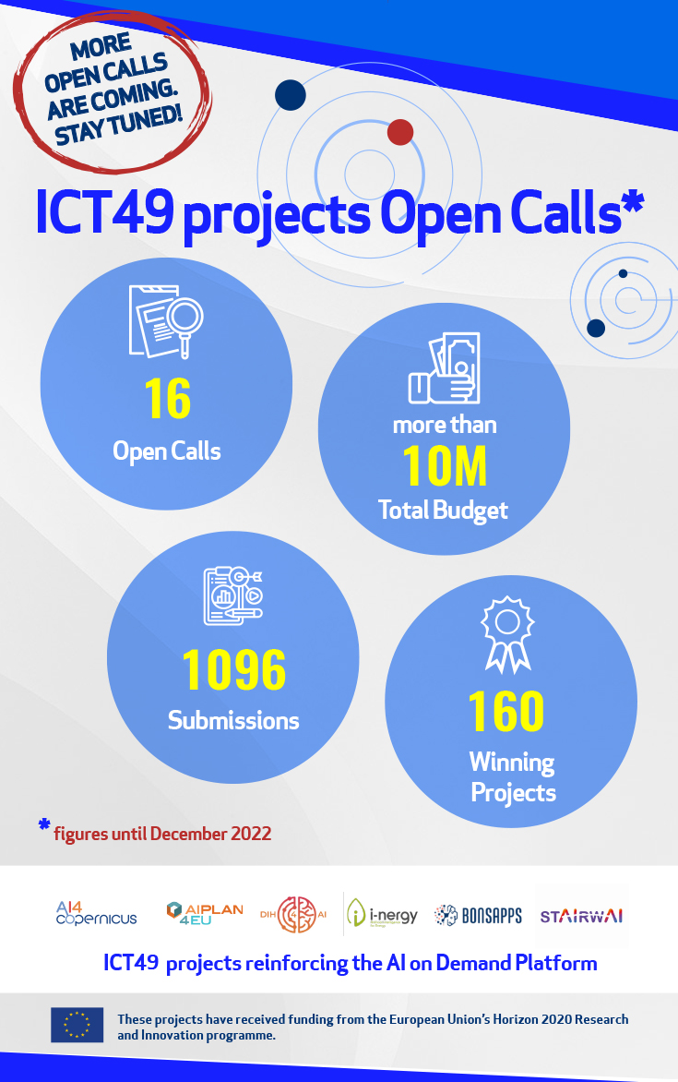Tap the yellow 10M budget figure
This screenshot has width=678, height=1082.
tap(445, 466)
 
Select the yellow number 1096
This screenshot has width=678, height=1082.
tap(233, 669)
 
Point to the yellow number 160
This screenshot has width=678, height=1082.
tap(506, 711)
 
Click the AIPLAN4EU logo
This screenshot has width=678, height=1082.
tap(205, 914)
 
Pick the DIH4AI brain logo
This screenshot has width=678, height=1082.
tap(296, 915)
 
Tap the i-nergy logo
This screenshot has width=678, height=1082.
tap(383, 915)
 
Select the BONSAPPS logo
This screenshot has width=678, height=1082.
tap(478, 915)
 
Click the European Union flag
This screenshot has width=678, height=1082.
tap(77, 1025)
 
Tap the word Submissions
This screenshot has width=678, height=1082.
tap(233, 720)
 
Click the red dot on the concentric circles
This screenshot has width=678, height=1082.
tap(399, 132)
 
